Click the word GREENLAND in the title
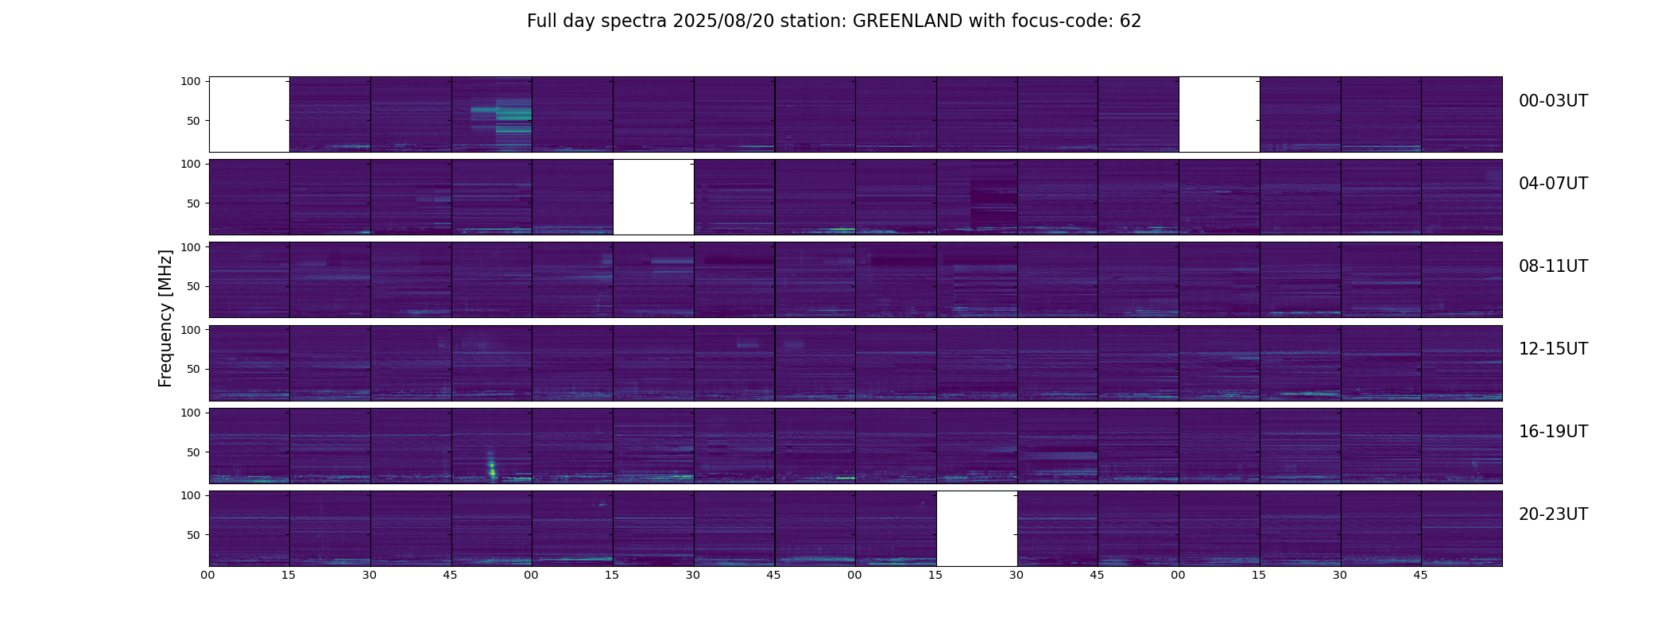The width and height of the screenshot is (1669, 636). pyautogui.click(x=908, y=21)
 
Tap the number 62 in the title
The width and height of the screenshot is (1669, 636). pyautogui.click(x=1130, y=21)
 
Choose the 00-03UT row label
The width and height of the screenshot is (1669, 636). pyautogui.click(x=1553, y=101)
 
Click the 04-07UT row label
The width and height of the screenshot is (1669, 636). pyautogui.click(x=1553, y=184)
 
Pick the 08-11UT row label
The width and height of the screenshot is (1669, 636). pyautogui.click(x=1553, y=266)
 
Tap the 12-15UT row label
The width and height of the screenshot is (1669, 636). pyautogui.click(x=1553, y=349)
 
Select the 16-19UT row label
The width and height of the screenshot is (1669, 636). pyautogui.click(x=1553, y=432)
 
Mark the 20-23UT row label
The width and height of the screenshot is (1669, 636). pyautogui.click(x=1553, y=514)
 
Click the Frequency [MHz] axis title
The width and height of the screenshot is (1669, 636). pyautogui.click(x=165, y=318)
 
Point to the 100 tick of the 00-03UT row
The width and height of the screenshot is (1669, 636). pyautogui.click(x=191, y=81)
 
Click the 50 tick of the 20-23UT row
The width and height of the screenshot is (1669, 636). pyautogui.click(x=194, y=535)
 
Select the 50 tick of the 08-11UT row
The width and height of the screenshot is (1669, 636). pyautogui.click(x=194, y=286)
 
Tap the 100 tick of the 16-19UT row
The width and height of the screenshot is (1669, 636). pyautogui.click(x=191, y=413)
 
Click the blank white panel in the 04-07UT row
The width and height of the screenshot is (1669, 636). pyautogui.click(x=653, y=197)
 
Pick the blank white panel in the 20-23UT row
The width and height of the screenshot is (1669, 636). pyautogui.click(x=977, y=529)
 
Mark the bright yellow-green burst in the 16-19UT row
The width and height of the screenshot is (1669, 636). pyautogui.click(x=492, y=468)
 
